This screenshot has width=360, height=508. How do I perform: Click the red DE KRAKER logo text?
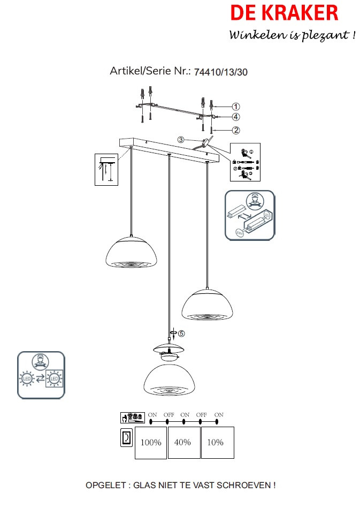point(284,13)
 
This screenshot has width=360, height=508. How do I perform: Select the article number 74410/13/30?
point(220,71)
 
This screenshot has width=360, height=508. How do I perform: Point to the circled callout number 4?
point(236,117)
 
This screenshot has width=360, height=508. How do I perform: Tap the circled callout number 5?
point(181,333)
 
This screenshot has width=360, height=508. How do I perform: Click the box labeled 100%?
point(150,443)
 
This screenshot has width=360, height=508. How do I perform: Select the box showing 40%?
point(184,443)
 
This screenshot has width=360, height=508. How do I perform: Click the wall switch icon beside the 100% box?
point(125,438)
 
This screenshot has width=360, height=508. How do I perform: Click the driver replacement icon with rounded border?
point(249,215)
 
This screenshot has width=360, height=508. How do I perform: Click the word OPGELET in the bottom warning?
point(105,486)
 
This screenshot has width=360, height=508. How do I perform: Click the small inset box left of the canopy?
point(106,169)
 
